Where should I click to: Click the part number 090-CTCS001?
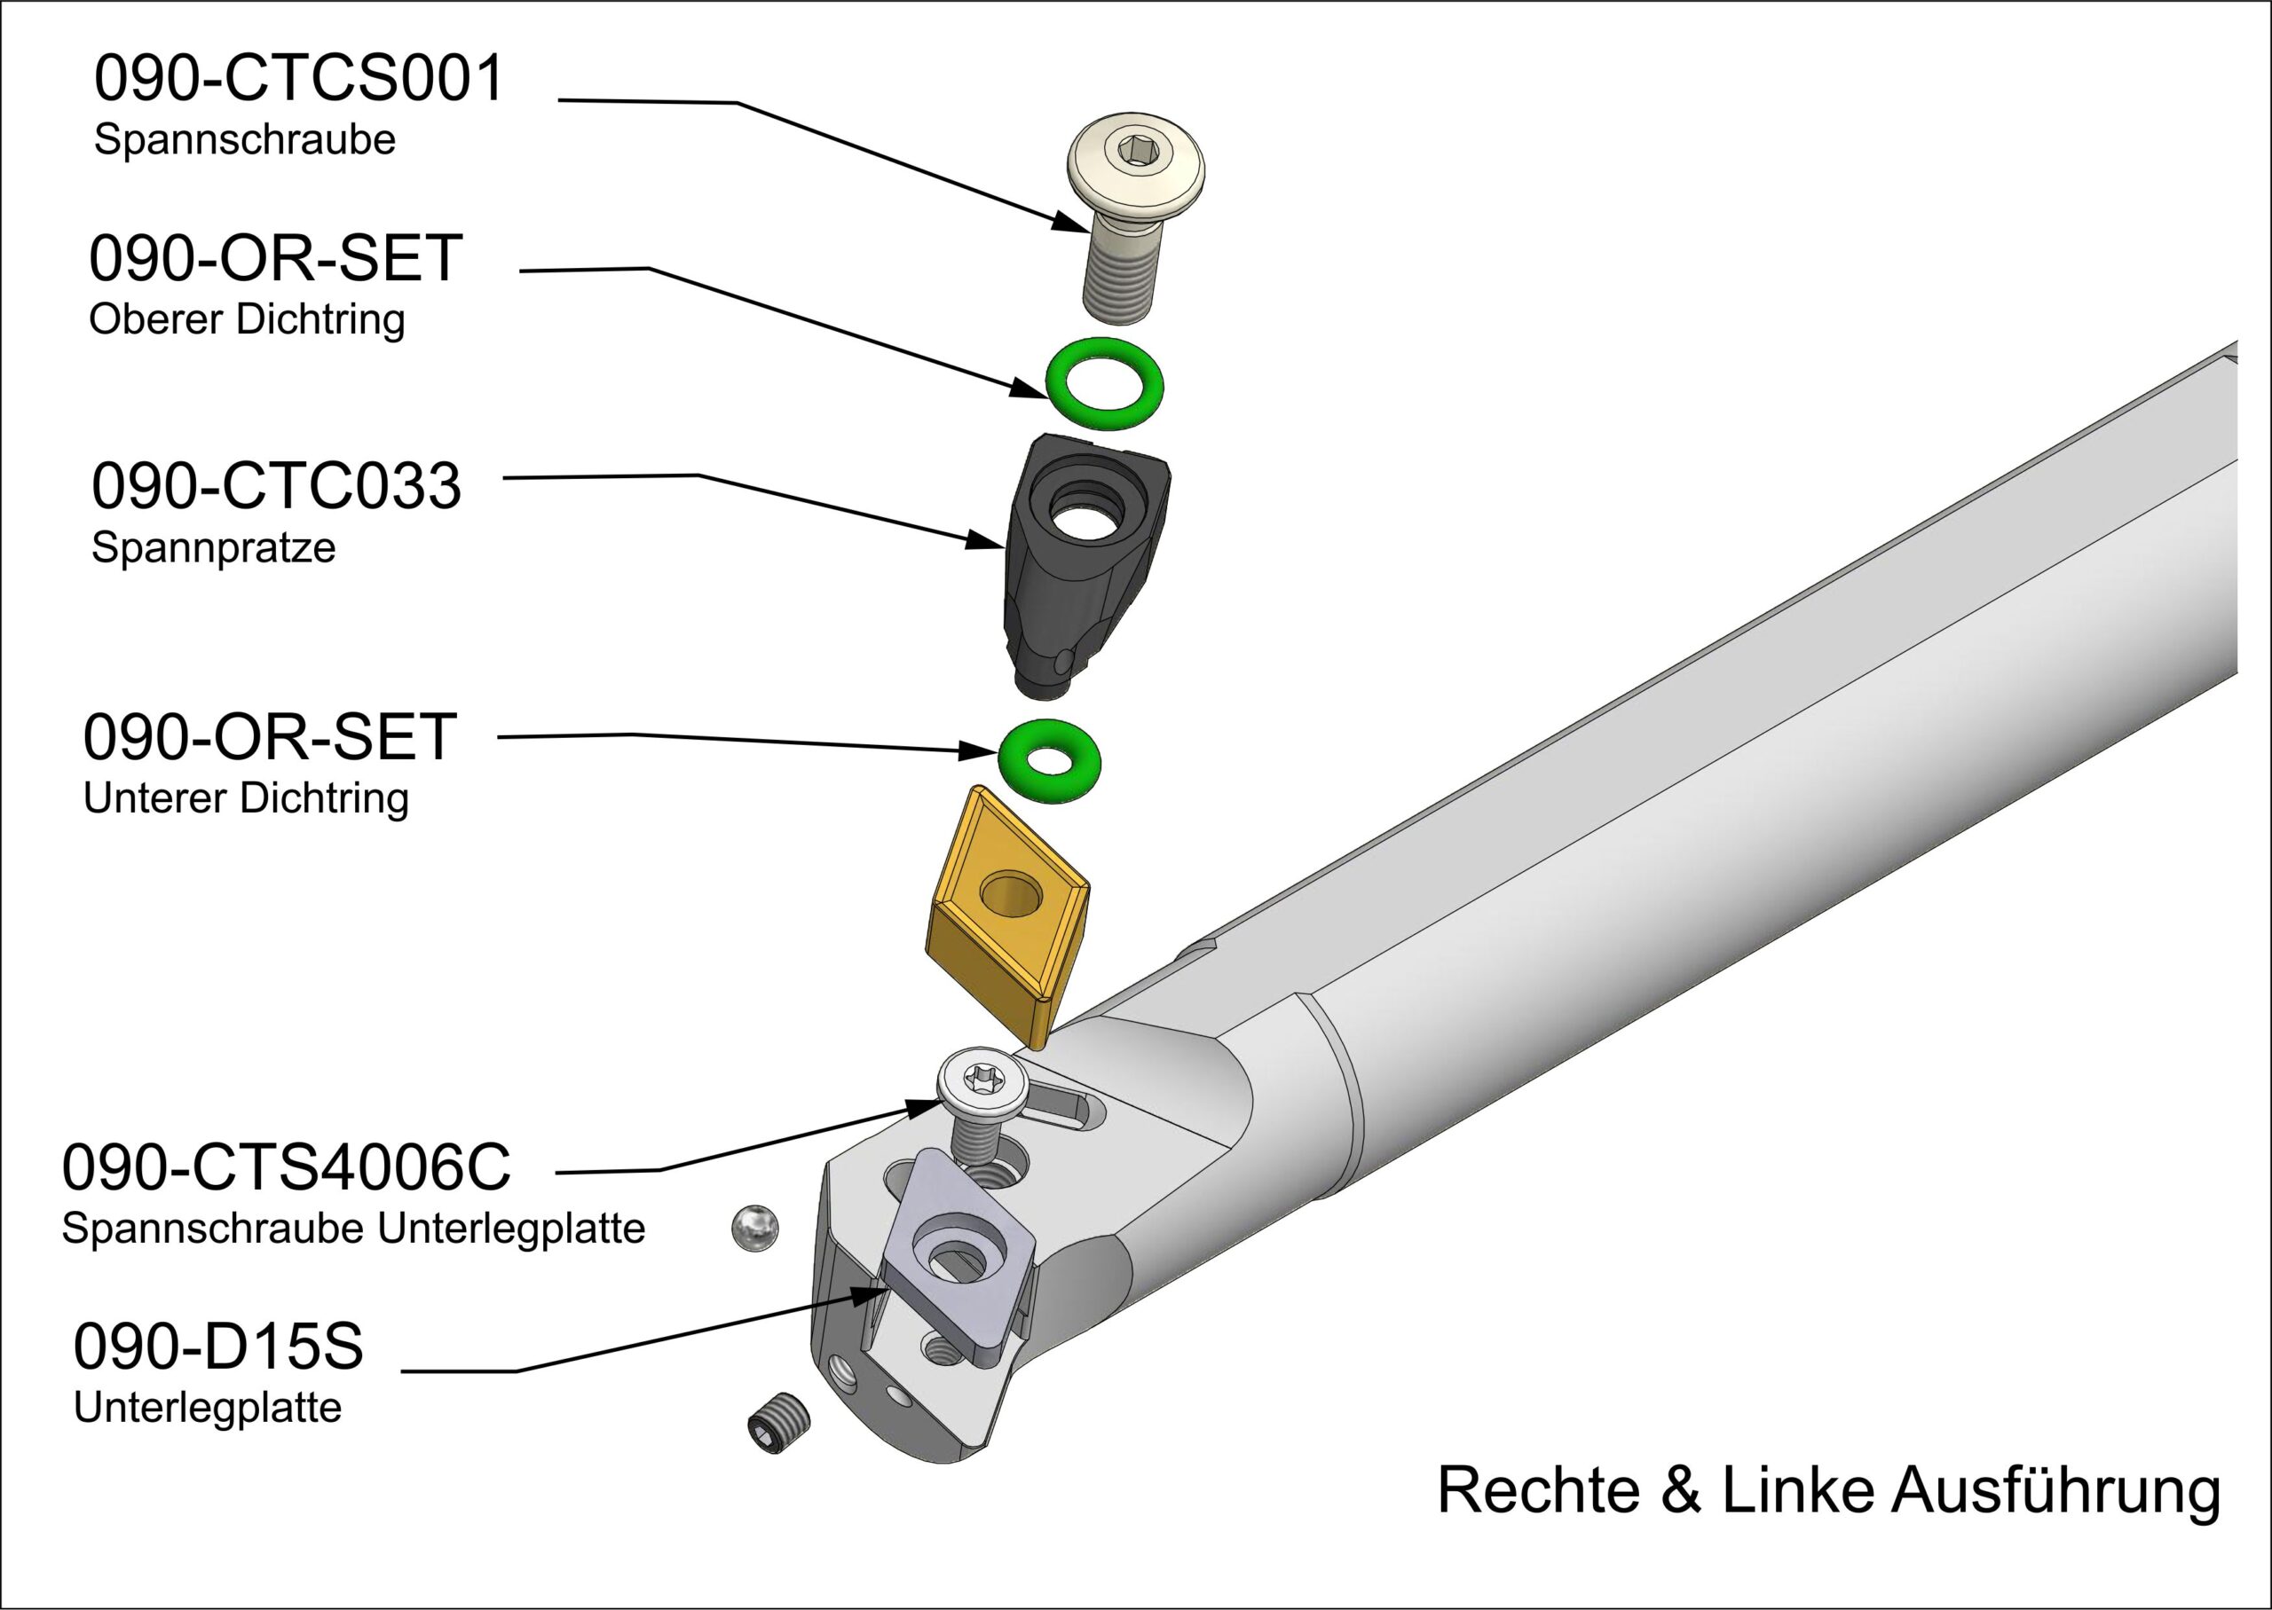[x=298, y=79]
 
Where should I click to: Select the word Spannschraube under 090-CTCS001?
[x=244, y=140]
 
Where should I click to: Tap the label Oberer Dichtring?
[x=247, y=319]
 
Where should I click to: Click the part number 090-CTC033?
[x=277, y=486]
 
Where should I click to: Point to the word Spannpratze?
[x=213, y=547]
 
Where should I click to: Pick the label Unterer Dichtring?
[x=246, y=798]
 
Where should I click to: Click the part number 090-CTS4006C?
[x=286, y=1168]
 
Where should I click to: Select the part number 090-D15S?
[x=218, y=1347]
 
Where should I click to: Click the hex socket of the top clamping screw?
[x=1134, y=152]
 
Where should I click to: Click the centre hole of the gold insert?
[x=1011, y=894]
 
